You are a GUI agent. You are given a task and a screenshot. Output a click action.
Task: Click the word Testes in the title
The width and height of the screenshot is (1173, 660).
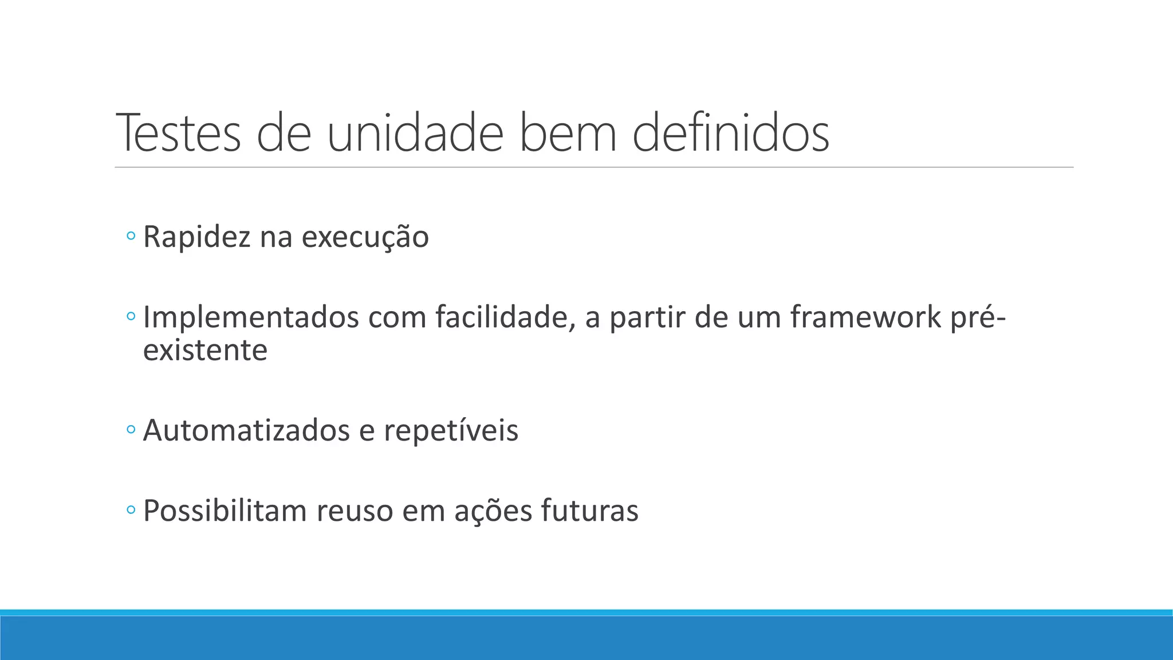coord(179,133)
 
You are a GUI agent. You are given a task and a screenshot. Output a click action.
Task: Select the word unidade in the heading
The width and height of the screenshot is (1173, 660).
coord(415,133)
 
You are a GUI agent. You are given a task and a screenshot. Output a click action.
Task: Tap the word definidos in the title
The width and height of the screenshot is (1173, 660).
coord(731,133)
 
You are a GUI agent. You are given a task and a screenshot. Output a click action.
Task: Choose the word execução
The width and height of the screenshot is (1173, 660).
coord(365,237)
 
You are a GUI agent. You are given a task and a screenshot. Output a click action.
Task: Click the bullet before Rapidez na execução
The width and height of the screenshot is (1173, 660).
coord(131,235)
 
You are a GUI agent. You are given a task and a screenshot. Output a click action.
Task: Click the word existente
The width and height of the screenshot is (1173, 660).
coord(205,351)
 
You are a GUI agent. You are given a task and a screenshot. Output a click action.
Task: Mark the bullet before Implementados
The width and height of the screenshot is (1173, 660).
coord(131,316)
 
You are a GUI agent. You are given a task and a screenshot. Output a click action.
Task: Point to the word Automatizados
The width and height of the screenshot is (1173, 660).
coord(246,431)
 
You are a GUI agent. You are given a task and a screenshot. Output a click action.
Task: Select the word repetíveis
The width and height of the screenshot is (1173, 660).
coord(451,431)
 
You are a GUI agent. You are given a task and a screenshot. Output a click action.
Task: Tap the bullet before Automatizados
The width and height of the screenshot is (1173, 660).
coord(131,429)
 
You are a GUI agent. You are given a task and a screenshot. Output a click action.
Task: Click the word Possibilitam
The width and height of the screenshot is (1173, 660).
coord(225,510)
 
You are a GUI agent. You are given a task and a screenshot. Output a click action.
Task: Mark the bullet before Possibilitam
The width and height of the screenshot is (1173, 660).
coord(131,509)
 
